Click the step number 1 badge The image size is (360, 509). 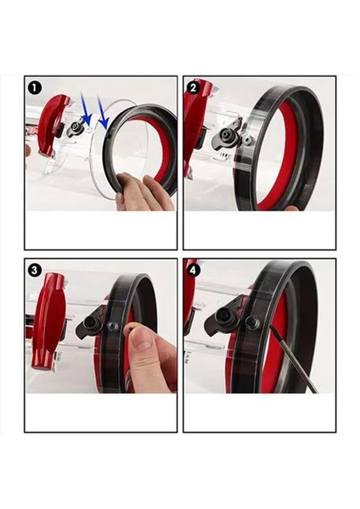point(35,88)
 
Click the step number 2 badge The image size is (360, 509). point(194,88)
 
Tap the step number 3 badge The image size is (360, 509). point(35,270)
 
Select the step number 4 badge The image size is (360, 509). point(194,270)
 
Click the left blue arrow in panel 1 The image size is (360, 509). point(86,109)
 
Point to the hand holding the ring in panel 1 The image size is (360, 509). point(144,193)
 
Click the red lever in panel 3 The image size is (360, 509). point(49,321)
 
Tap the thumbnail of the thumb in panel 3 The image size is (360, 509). point(141,338)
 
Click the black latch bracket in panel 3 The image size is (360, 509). point(90,325)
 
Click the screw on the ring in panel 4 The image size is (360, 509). point(252,322)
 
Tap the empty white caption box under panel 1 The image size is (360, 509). point(101,230)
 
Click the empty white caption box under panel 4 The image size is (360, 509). point(260,412)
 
